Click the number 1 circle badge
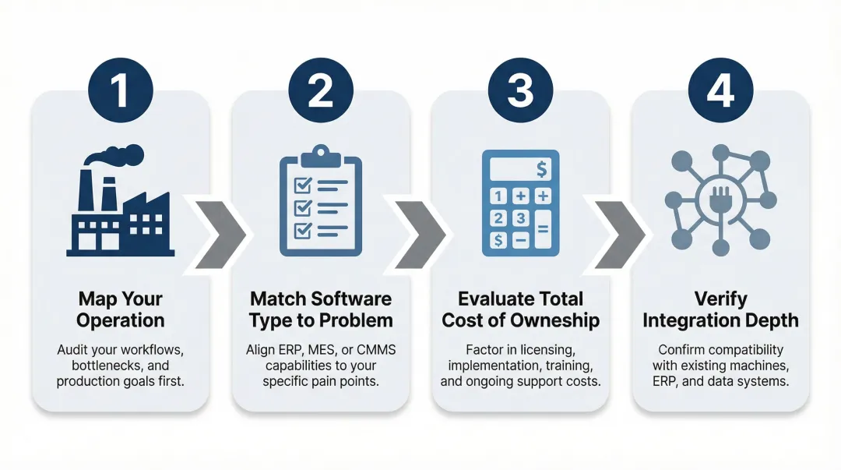[x=121, y=90]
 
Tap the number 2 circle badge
[x=320, y=90]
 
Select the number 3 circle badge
[x=520, y=90]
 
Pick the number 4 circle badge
[x=720, y=90]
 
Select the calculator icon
[x=520, y=203]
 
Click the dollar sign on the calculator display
[x=542, y=168]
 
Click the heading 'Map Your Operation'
[x=121, y=309]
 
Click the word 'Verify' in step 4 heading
[x=720, y=299]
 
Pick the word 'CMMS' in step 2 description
[x=375, y=350]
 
